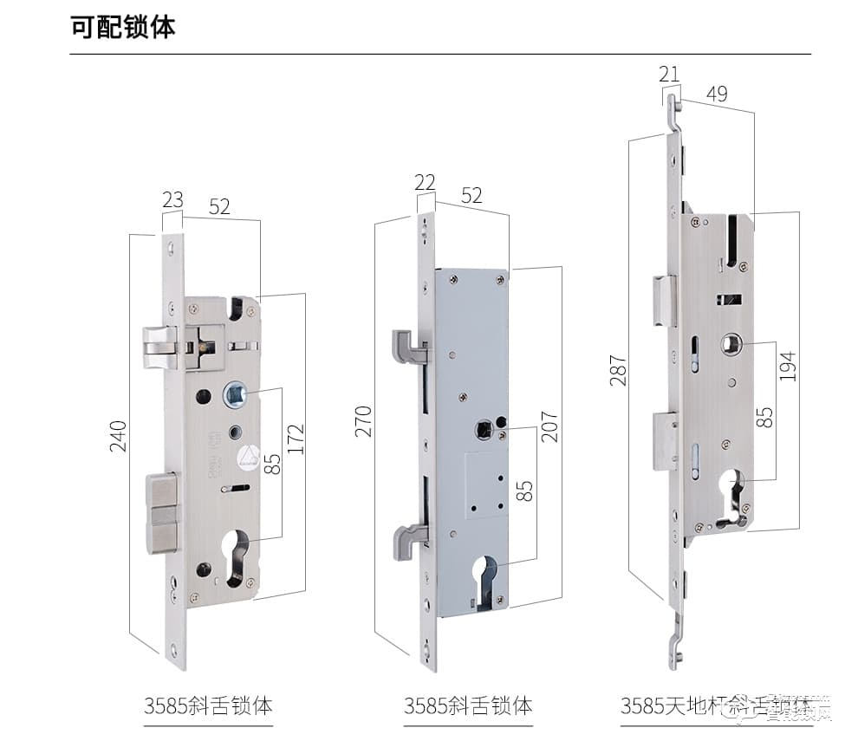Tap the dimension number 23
click(x=172, y=201)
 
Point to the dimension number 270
click(x=363, y=420)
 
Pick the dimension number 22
click(x=425, y=183)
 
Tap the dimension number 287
click(x=617, y=368)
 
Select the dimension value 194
click(x=787, y=367)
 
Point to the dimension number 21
click(x=669, y=75)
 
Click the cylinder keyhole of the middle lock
click(x=486, y=581)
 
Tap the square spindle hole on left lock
click(x=234, y=396)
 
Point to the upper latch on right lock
click(x=663, y=301)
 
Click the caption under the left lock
click(x=208, y=704)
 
